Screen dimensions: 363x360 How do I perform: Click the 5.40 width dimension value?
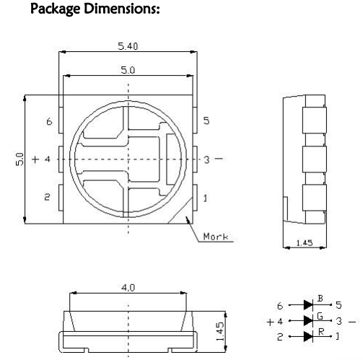tap(128, 46)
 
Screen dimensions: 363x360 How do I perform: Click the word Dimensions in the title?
tap(122, 9)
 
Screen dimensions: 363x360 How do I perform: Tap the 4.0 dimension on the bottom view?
tap(128, 288)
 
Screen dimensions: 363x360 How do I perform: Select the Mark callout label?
tap(216, 237)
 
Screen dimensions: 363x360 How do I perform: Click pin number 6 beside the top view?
tap(49, 121)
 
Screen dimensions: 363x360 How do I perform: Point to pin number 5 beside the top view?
tap(206, 120)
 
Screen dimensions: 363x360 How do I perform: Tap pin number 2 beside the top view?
tap(47, 197)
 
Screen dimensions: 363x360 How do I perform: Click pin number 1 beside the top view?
tap(205, 198)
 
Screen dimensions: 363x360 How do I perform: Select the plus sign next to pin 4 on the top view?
tap(35, 159)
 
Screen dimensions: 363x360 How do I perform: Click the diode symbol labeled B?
tap(308, 305)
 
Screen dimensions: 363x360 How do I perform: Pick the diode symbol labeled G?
tap(308, 320)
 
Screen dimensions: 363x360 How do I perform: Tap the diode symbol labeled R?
tap(308, 336)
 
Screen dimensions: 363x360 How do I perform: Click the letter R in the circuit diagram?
tap(321, 332)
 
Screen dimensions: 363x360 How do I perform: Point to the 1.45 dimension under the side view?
tap(305, 243)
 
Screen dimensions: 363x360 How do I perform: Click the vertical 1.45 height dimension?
tap(219, 332)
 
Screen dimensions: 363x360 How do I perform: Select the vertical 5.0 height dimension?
tap(19, 159)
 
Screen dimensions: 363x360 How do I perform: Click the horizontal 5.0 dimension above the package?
tap(128, 70)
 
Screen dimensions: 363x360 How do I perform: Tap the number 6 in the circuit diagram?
tap(280, 306)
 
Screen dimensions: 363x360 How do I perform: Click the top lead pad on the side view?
tap(314, 120)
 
